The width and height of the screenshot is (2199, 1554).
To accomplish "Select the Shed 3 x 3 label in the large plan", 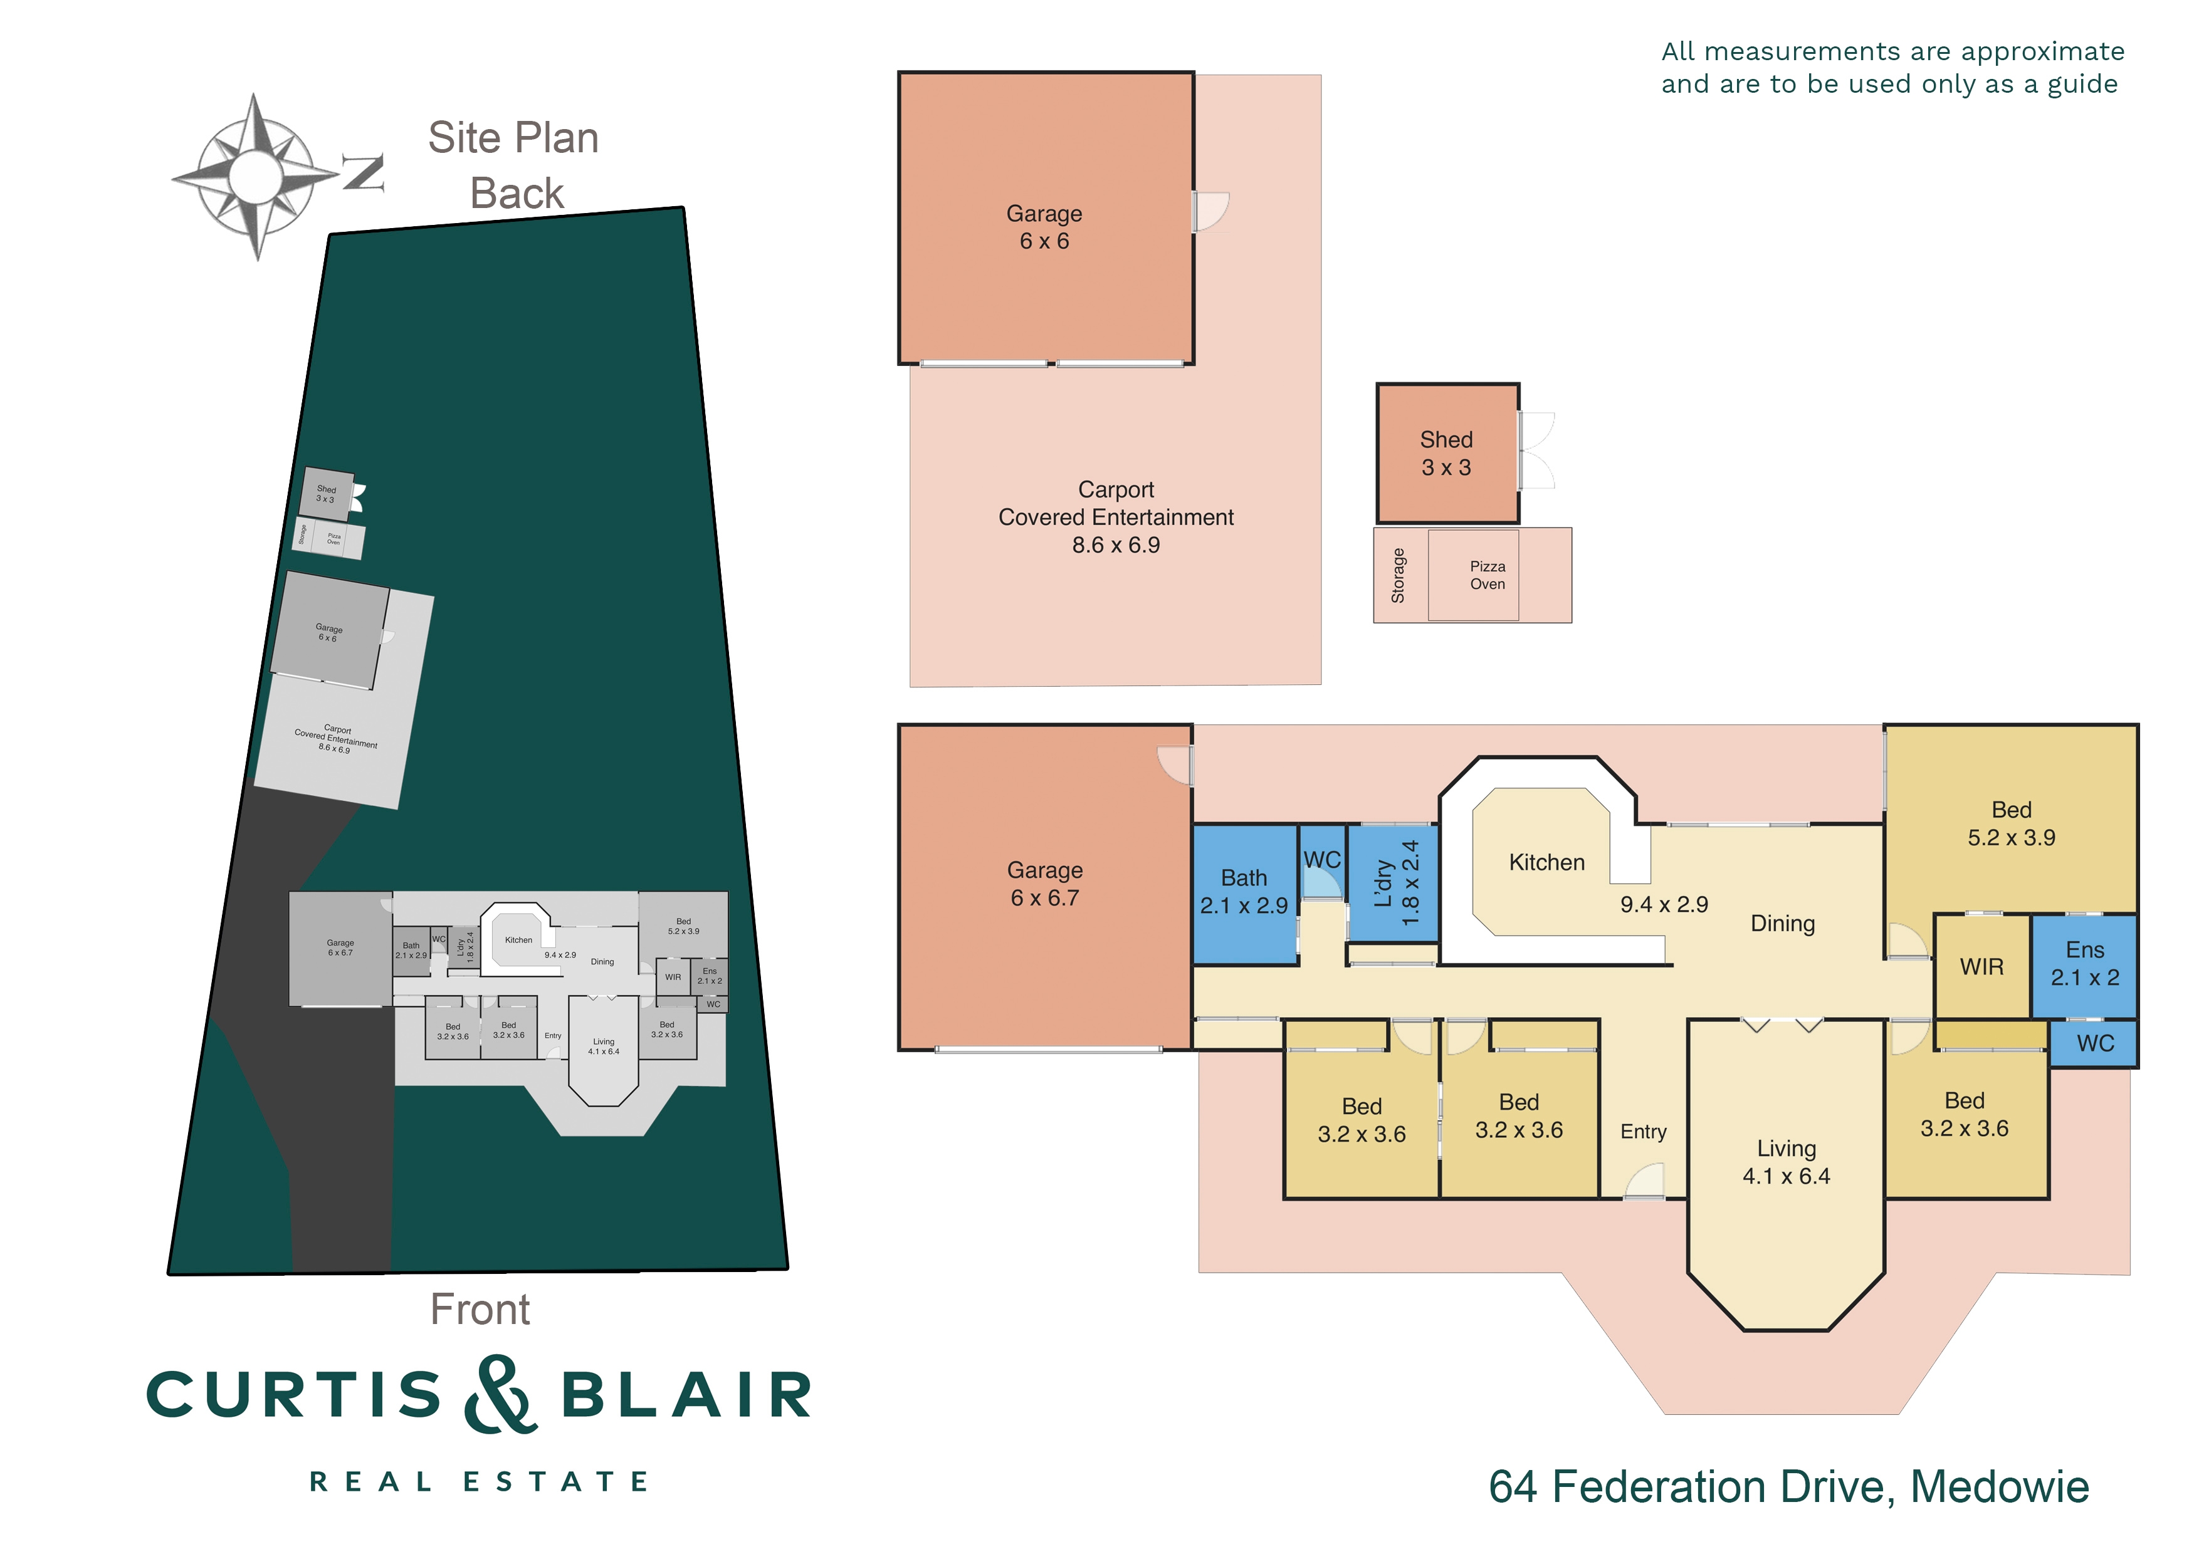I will pos(1446,454).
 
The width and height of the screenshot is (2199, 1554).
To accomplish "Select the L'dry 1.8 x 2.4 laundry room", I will pos(1395,883).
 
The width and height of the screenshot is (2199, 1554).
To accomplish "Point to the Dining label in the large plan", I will pos(1782,923).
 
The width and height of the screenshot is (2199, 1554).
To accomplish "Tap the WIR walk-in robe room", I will pos(1981,967).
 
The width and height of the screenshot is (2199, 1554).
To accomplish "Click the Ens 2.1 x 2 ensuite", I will pos(2084,963).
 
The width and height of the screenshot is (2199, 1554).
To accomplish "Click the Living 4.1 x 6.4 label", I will pos(1785,1162).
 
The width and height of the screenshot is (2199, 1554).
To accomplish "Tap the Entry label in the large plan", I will pos(1642,1132).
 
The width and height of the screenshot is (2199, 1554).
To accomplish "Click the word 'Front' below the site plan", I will pos(480,1309).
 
